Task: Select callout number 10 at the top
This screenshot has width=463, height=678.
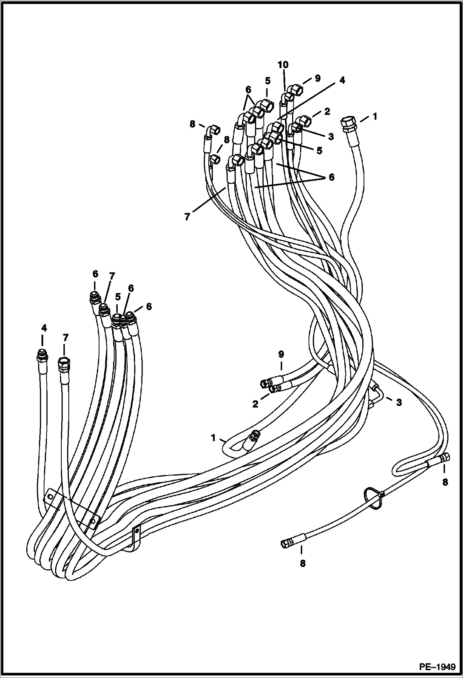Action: (283, 65)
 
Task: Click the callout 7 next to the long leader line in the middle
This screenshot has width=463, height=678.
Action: (187, 217)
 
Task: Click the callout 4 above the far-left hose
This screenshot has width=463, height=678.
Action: (44, 328)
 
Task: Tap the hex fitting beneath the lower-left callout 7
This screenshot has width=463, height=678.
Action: (64, 363)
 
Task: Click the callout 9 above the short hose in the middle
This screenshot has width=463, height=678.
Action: (281, 354)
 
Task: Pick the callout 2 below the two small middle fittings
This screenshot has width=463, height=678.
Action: (255, 404)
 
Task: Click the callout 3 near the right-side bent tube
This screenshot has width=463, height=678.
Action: (399, 403)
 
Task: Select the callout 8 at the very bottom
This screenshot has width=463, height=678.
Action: (303, 563)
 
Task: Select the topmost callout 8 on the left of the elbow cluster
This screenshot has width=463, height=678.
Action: (192, 124)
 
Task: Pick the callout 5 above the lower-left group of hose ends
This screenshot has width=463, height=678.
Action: (117, 297)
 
